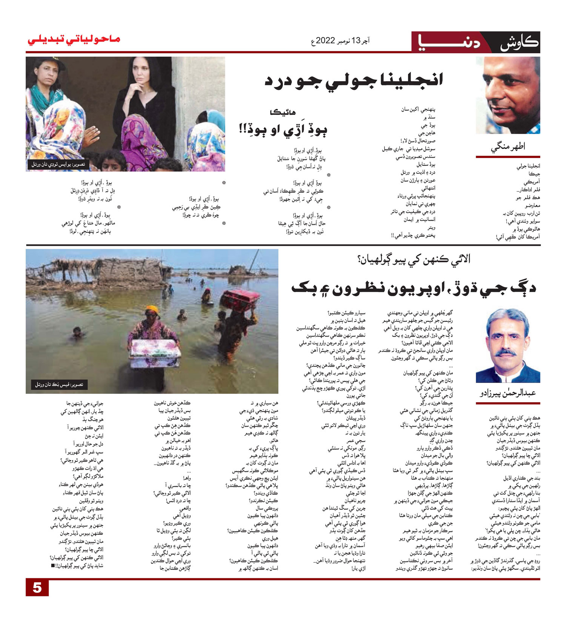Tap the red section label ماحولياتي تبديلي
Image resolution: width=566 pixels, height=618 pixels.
[x=74, y=40]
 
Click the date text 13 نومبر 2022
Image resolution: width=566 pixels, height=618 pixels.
[x=340, y=40]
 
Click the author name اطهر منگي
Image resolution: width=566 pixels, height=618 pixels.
[x=508, y=147]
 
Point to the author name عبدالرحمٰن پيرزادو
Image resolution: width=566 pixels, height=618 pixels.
[x=508, y=393]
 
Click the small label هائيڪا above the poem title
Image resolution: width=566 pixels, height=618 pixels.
[x=283, y=112]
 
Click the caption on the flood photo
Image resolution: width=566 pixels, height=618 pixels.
[x=59, y=385]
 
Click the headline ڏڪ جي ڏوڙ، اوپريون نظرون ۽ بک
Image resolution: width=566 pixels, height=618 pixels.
[x=414, y=288]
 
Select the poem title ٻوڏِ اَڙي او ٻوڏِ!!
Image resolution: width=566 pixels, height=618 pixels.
[x=283, y=129]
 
